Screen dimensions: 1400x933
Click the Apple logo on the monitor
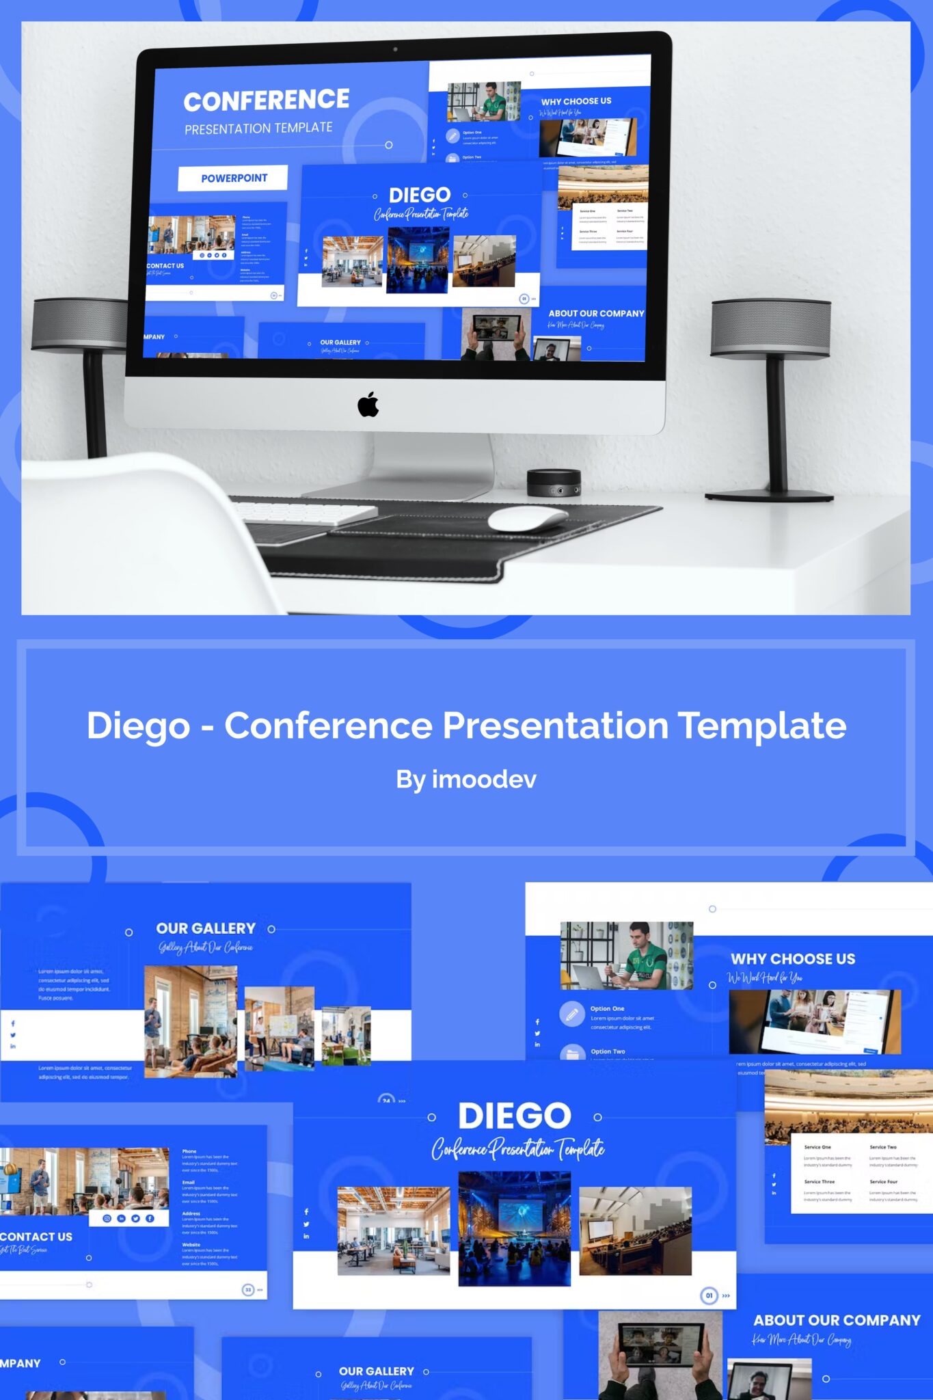click(368, 404)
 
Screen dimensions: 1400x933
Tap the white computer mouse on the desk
click(527, 519)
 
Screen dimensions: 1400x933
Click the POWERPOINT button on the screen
click(233, 178)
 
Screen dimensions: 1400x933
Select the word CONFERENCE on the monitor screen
click(267, 100)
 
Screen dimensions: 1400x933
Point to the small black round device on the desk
click(554, 483)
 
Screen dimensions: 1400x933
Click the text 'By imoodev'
click(466, 779)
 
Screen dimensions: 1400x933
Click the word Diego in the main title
click(138, 725)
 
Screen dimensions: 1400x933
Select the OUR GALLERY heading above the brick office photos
click(206, 928)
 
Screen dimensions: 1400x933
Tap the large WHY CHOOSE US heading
click(793, 958)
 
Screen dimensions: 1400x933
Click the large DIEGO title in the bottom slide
click(515, 1116)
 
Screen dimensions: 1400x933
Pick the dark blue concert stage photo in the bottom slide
click(514, 1228)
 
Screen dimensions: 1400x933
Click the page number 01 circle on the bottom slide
click(709, 1295)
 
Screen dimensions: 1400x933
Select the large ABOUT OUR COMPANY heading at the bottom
click(837, 1320)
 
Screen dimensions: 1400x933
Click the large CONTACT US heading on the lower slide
click(36, 1236)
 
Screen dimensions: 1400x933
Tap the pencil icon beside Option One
click(571, 1013)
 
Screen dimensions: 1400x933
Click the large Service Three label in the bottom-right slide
click(819, 1181)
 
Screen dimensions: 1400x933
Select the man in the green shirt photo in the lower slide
click(626, 955)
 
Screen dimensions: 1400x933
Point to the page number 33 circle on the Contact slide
click(248, 1289)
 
